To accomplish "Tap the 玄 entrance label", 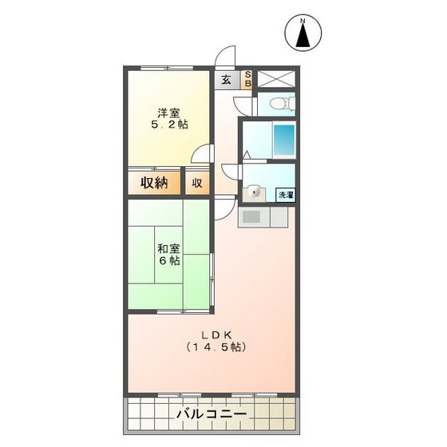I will click(x=226, y=80).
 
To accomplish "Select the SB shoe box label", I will click(x=247, y=79).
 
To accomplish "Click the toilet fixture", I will click(x=275, y=103).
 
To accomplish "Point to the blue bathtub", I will click(x=284, y=140).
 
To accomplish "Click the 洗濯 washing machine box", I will click(x=285, y=194).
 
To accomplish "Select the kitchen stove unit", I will click(x=252, y=217).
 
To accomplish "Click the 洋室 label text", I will click(x=168, y=113).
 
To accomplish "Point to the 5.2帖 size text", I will click(x=169, y=125).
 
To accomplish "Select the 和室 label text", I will click(x=168, y=247).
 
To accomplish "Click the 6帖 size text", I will click(x=168, y=261).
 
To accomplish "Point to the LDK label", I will click(x=216, y=334).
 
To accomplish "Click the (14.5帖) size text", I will click(x=216, y=347).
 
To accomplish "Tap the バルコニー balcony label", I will click(x=212, y=415).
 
